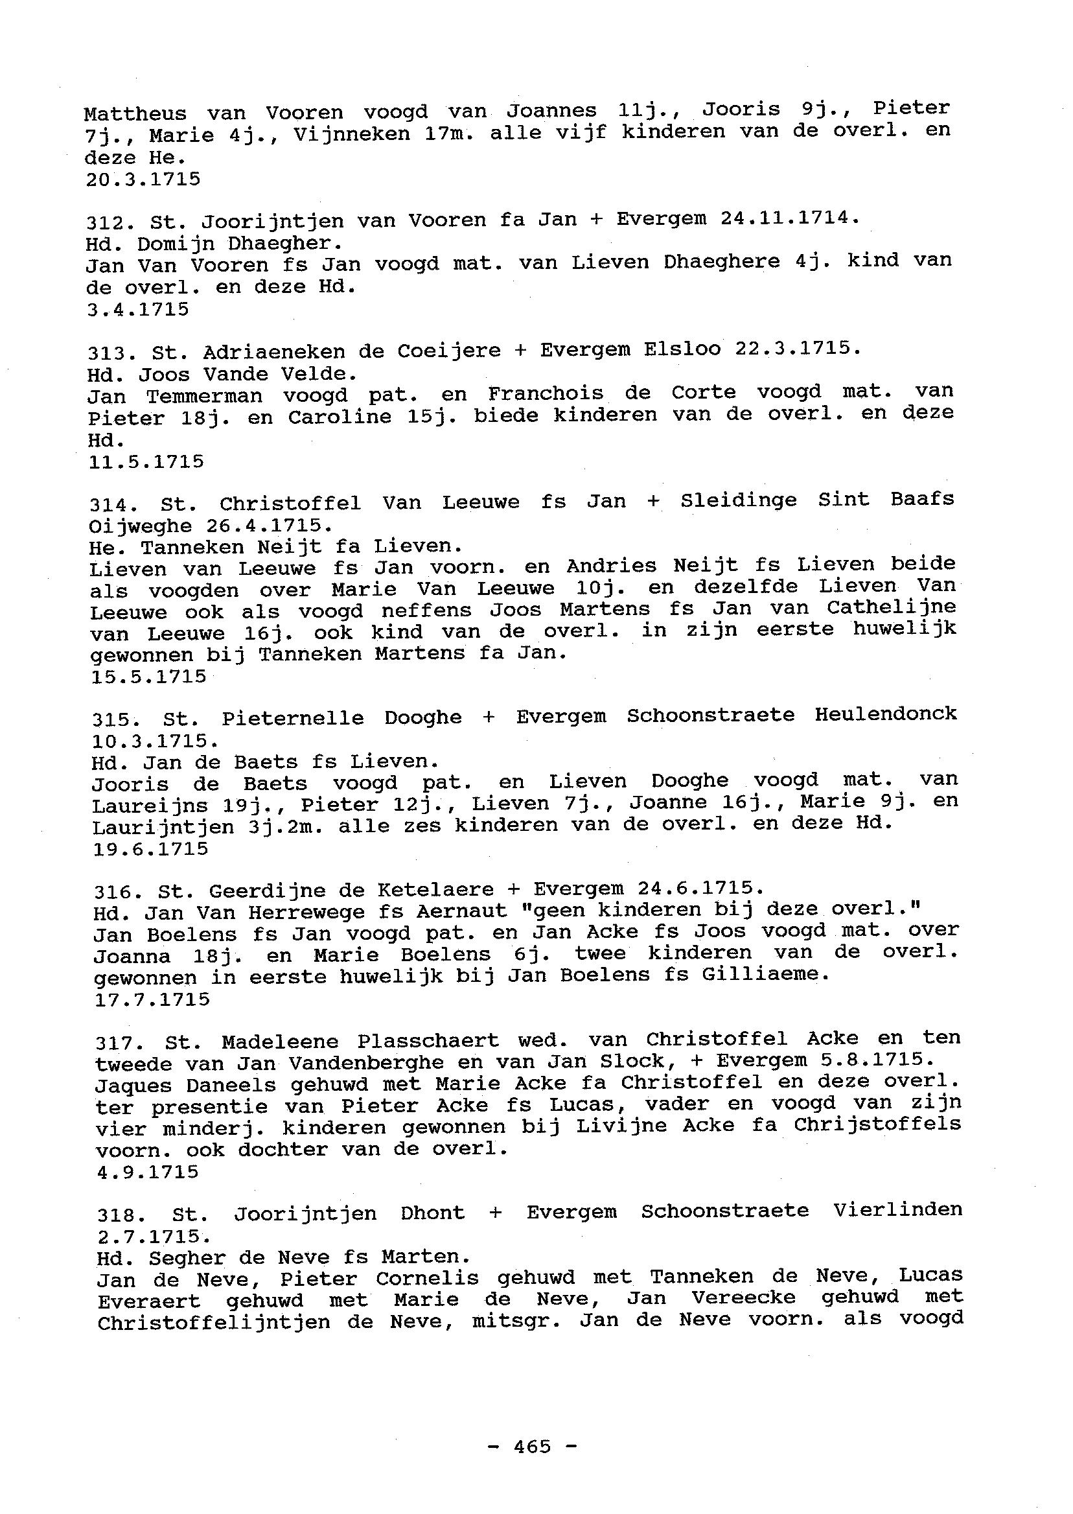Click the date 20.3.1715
[x=143, y=179]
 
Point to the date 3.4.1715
[x=137, y=309]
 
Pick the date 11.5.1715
[x=145, y=461]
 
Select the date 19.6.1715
[x=150, y=848]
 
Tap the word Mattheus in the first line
[x=135, y=113]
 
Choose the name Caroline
[x=340, y=417]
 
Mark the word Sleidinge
[x=739, y=500]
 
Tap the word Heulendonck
[x=885, y=714]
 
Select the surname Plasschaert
[x=428, y=1042]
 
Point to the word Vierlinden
[x=897, y=1210]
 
